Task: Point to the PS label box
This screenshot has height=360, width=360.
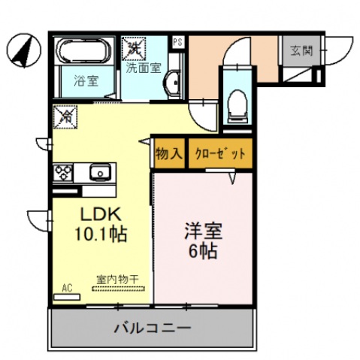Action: click(x=177, y=42)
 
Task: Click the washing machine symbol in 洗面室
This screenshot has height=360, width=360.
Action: click(x=137, y=48)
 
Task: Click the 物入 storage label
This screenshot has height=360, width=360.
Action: click(x=169, y=155)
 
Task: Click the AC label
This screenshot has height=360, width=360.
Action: click(x=67, y=286)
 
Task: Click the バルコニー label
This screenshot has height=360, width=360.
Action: click(x=152, y=328)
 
